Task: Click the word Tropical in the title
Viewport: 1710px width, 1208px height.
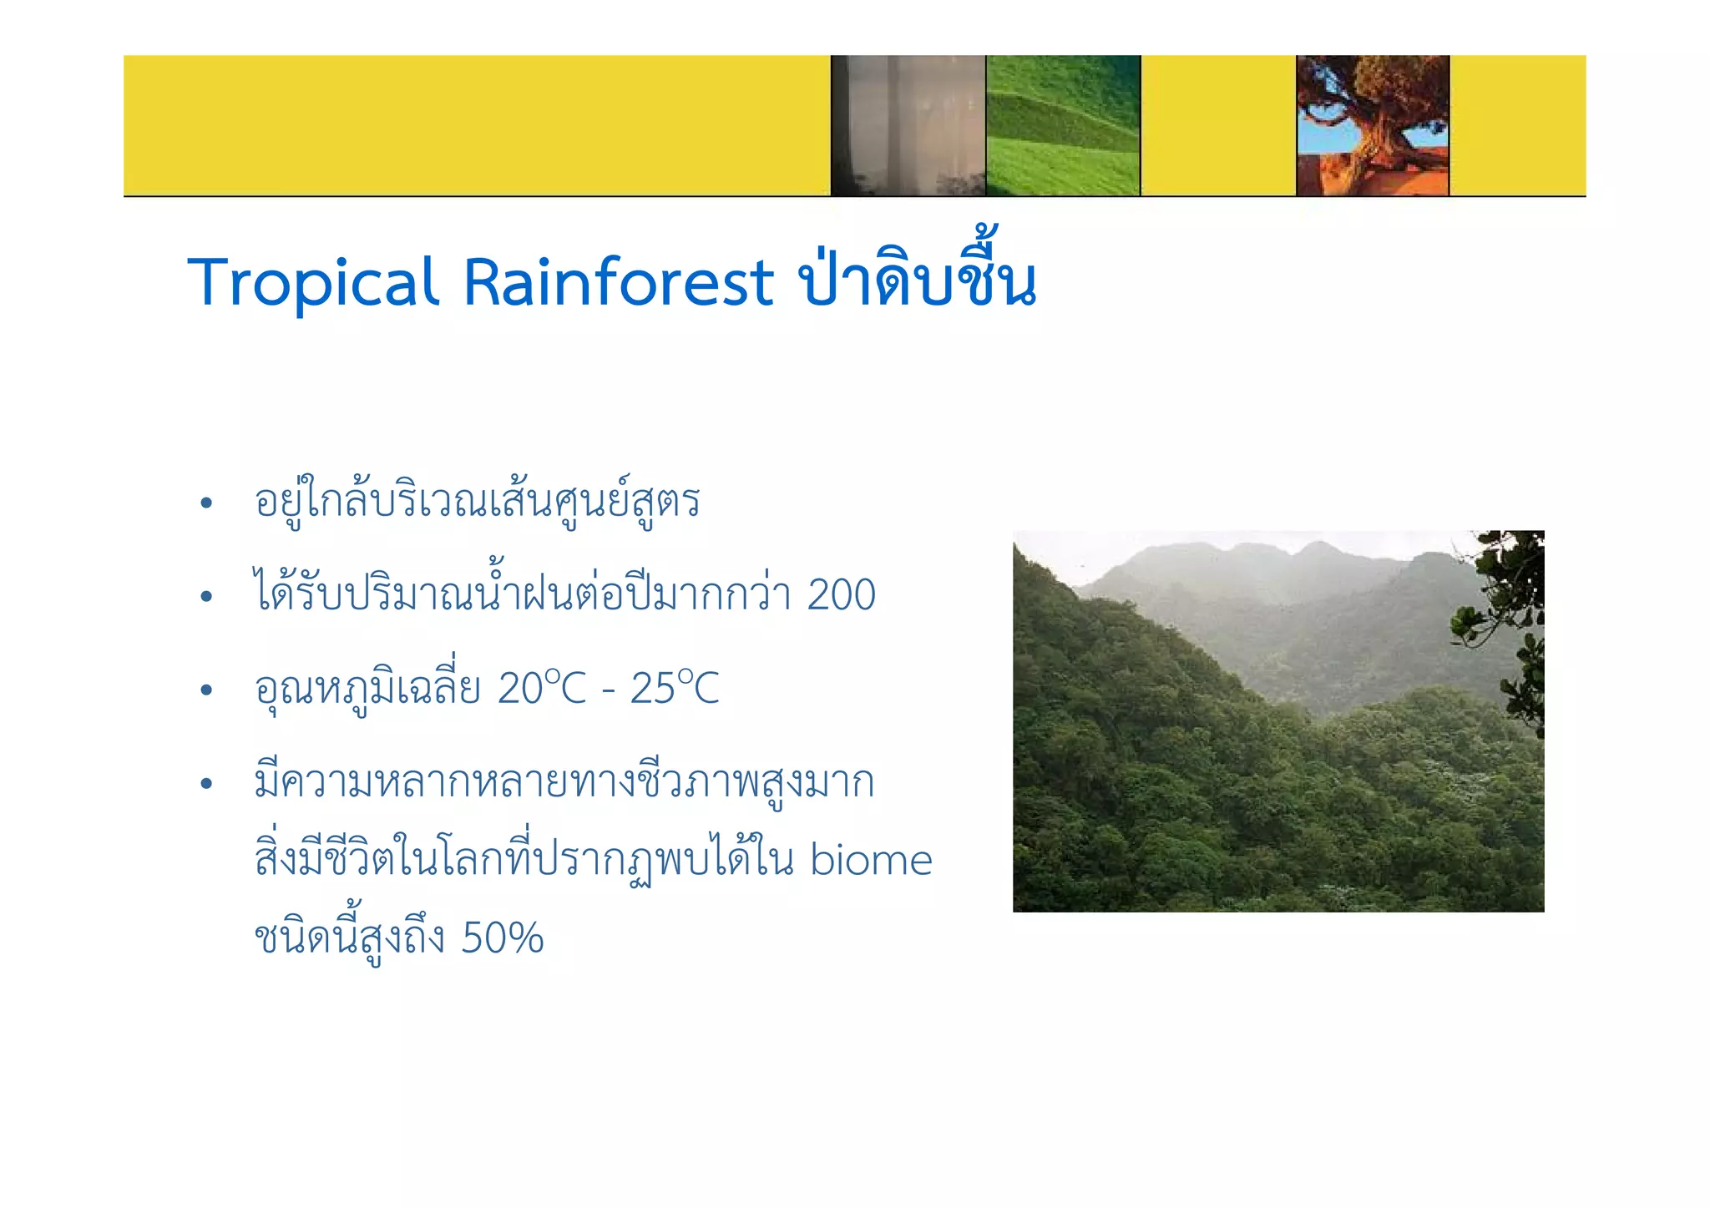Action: (313, 282)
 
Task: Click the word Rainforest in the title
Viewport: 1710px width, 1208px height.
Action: (619, 282)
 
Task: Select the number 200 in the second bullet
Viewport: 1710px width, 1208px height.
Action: (841, 595)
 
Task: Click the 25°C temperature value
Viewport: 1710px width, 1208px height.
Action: (674, 689)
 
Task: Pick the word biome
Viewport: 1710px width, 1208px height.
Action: (870, 860)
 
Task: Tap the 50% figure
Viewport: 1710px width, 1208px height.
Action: (502, 938)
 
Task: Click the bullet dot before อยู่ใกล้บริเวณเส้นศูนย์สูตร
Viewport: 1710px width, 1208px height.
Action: (206, 503)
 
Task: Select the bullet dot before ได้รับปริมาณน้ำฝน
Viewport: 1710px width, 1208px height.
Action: (206, 597)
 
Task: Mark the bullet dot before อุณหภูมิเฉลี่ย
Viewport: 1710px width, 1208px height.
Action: (206, 690)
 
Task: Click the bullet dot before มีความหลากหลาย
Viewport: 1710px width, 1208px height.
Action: (206, 784)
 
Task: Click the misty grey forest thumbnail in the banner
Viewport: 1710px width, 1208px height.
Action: (908, 125)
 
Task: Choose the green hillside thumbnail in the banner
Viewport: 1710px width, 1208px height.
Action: (1063, 125)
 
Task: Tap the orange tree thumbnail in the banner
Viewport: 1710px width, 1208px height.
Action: (1373, 125)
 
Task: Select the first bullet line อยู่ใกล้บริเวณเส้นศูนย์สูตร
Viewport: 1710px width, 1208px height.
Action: (477, 502)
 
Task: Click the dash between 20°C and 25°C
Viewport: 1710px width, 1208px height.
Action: (609, 691)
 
